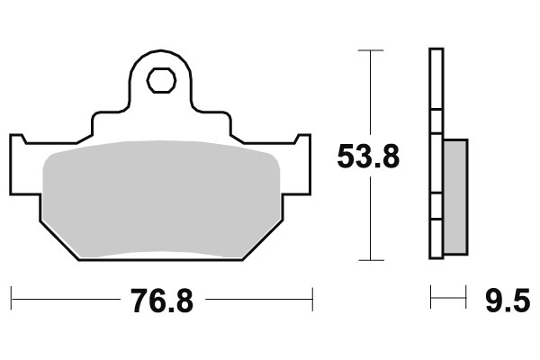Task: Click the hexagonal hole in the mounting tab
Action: (x=161, y=80)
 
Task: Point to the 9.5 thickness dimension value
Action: (x=508, y=300)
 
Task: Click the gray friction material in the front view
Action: (x=162, y=198)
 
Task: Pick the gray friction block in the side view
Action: (x=456, y=195)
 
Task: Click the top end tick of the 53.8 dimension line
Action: (x=365, y=50)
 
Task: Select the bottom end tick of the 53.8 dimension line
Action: (x=365, y=260)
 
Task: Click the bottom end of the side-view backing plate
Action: (x=436, y=256)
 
